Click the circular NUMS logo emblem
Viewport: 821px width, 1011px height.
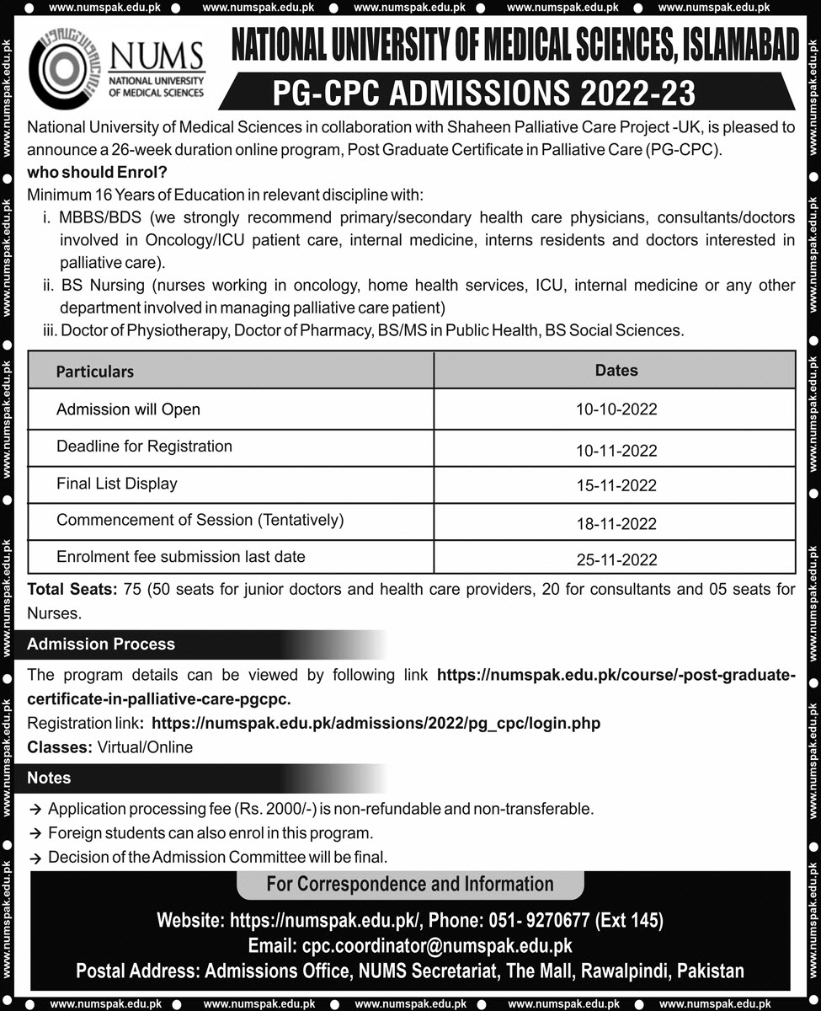(64, 71)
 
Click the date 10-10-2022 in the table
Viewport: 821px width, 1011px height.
(616, 410)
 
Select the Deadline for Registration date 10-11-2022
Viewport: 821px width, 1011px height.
(616, 451)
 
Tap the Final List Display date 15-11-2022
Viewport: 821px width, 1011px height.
(616, 486)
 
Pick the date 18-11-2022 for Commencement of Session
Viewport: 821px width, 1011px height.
(616, 524)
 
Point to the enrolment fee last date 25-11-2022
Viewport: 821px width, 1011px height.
(616, 560)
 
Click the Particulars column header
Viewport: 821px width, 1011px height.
(95, 372)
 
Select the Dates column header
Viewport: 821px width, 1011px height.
(616, 371)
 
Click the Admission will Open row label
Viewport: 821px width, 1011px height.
(128, 410)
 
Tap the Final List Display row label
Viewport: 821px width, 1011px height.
(116, 484)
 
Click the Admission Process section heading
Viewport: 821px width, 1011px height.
(101, 645)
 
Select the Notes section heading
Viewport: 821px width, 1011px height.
(49, 778)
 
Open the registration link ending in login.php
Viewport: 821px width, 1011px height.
(376, 724)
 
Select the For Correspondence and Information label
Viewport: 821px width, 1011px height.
(410, 885)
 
